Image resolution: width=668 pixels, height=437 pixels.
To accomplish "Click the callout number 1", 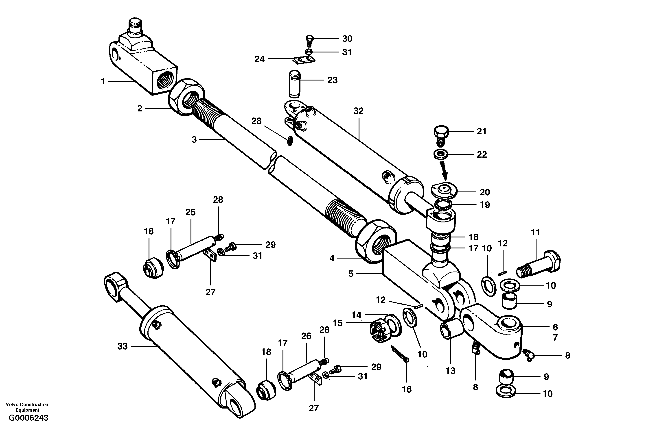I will point(103,81).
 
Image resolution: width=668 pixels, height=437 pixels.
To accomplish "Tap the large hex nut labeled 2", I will point(186,96).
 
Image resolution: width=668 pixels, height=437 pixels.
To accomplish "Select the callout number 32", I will point(358,111).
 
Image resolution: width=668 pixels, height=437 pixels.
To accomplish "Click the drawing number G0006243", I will point(28,426).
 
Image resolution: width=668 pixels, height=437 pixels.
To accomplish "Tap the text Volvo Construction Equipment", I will point(27,407).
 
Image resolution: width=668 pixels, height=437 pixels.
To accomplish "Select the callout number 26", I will point(306,336).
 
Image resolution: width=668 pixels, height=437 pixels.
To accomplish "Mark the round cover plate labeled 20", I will point(444,191).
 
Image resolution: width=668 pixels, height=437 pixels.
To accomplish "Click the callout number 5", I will point(351,274).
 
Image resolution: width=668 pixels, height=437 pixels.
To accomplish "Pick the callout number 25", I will point(190,212).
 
